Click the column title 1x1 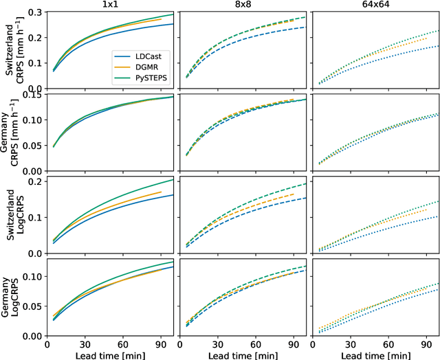point(109,5)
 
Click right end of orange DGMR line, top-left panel point(161,19)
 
